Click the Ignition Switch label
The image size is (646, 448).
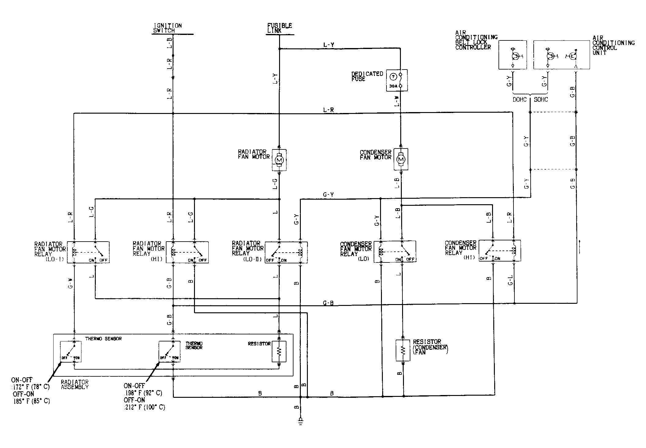coord(167,28)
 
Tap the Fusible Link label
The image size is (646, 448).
coord(279,28)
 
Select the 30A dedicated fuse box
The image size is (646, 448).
coord(397,81)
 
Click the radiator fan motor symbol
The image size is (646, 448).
coord(279,160)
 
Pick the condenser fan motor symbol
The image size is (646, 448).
coord(401,159)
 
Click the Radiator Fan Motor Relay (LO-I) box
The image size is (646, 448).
coord(88,252)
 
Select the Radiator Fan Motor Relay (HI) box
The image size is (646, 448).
coord(187,252)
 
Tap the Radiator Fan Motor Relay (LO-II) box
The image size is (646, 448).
coord(286,253)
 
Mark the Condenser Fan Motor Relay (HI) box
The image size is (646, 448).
coord(499,250)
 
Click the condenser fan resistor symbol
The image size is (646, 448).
coord(403,350)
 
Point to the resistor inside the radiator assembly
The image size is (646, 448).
coord(279,351)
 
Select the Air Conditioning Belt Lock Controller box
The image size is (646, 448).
coord(513,55)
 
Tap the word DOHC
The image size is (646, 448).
coord(520,100)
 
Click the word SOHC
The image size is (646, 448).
coord(541,100)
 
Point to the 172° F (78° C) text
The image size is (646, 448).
coord(31,387)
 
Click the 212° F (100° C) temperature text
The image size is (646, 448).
coord(145,407)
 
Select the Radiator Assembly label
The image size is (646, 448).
coord(74,384)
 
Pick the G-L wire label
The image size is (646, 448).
coord(510,280)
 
